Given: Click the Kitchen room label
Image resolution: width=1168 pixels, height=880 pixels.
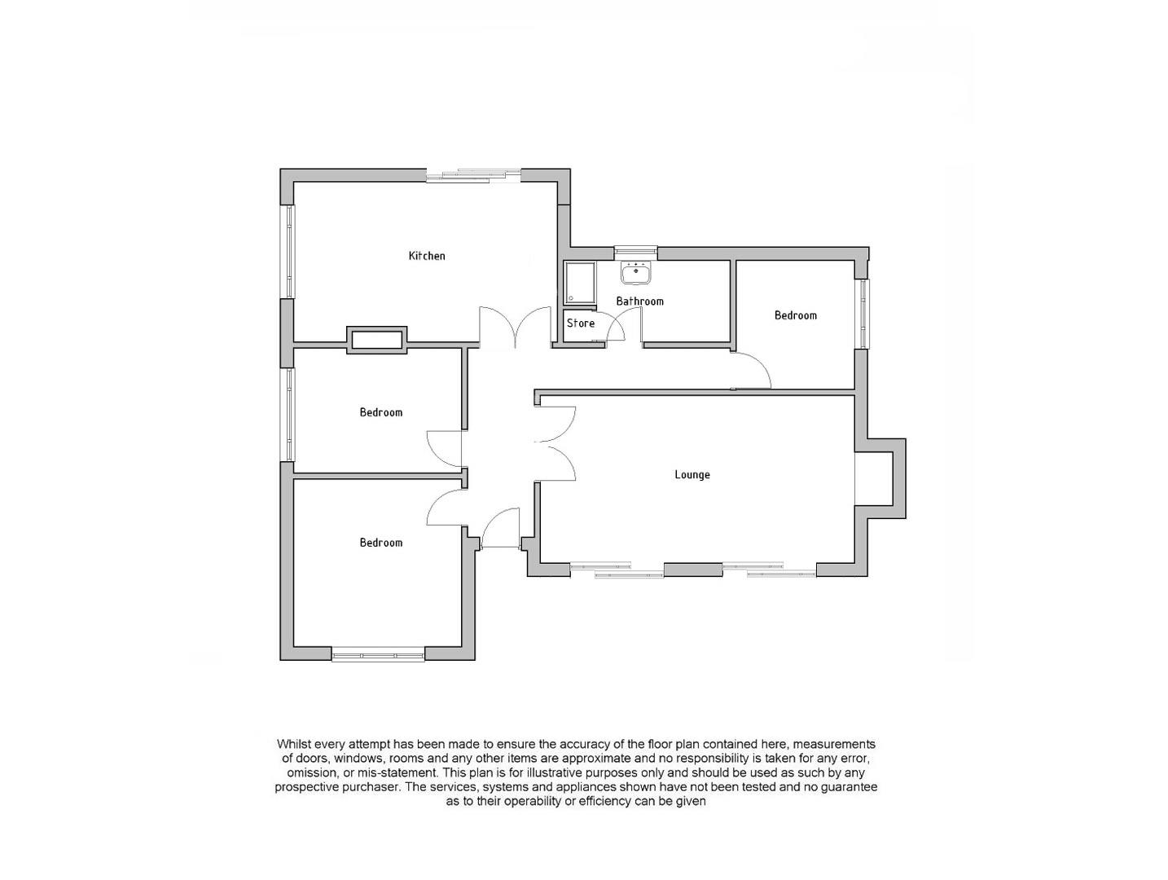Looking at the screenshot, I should tap(427, 256).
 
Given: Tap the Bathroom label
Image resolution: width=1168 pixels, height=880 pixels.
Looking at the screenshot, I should tap(639, 301).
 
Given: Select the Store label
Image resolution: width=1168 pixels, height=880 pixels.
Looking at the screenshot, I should tap(581, 323).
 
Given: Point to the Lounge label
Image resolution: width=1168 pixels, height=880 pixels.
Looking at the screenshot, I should tap(692, 475).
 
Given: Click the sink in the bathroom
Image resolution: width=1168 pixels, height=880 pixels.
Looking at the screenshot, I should tap(635, 272).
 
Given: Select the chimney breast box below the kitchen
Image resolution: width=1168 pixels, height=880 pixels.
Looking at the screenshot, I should tap(376, 339).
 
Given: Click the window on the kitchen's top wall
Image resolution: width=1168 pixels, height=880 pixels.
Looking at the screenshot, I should tap(473, 174).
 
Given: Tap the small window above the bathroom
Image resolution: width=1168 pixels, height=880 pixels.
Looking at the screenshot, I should tap(635, 252).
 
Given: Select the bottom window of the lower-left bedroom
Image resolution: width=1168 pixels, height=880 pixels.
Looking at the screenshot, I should tap(378, 653).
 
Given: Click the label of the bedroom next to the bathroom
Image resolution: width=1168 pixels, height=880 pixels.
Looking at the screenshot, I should tap(795, 315).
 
